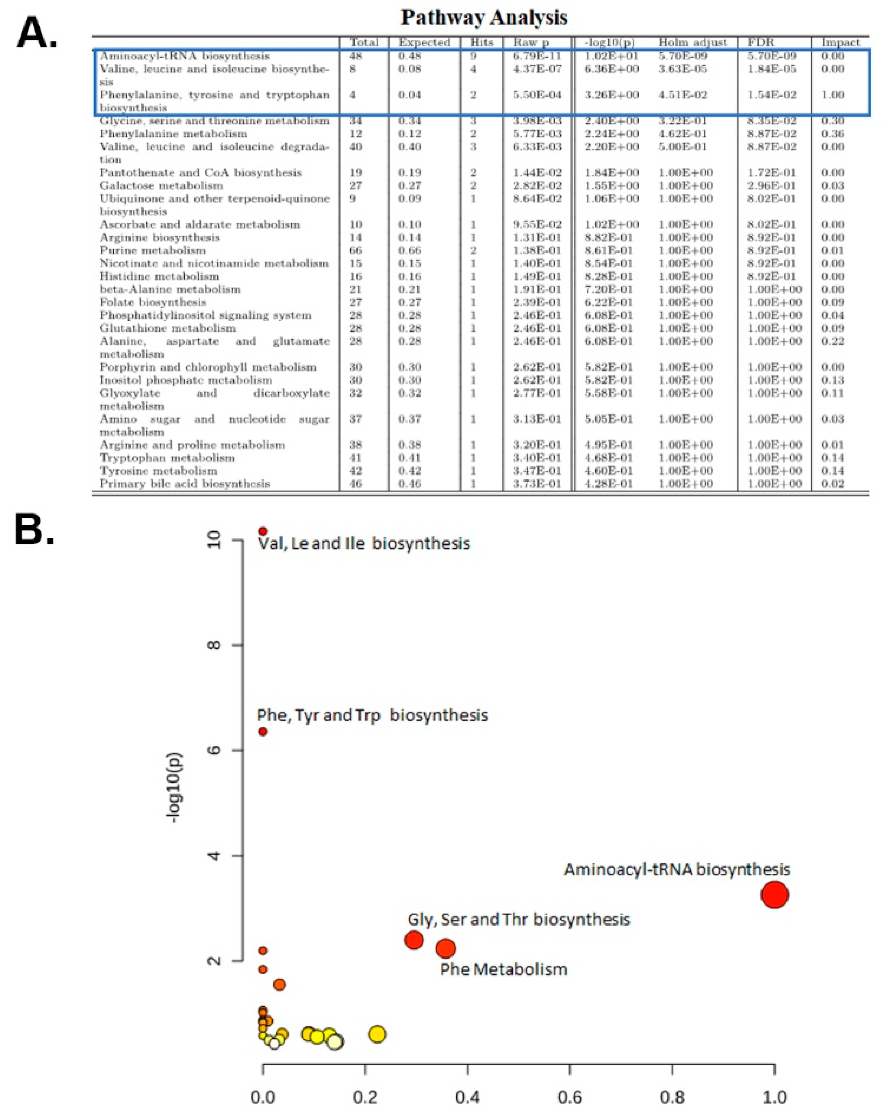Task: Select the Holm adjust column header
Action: pyautogui.click(x=692, y=42)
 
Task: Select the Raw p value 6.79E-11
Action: pyautogui.click(x=537, y=56)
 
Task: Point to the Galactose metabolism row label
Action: pyautogui.click(x=161, y=185)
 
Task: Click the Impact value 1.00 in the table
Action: pyautogui.click(x=832, y=95)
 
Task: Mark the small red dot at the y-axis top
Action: pyautogui.click(x=263, y=531)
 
